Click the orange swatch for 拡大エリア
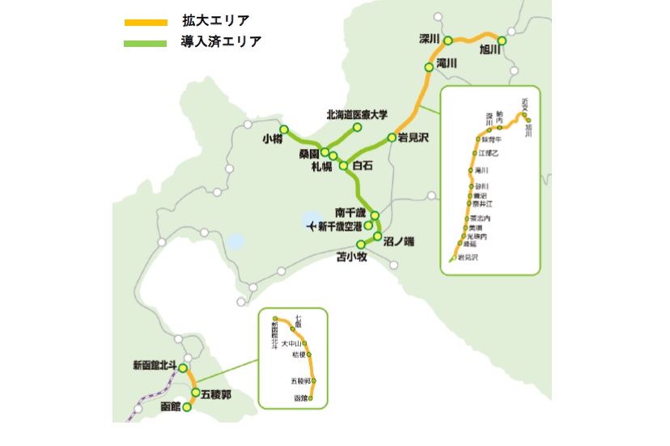click(146, 22)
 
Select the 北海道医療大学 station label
click(357, 115)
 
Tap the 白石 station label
click(362, 166)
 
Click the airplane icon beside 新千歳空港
click(312, 226)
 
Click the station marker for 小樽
click(284, 130)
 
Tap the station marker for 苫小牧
click(361, 244)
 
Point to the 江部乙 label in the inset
click(489, 152)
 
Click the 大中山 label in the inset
click(291, 343)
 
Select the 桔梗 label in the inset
click(296, 355)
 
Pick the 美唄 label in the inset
click(478, 227)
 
